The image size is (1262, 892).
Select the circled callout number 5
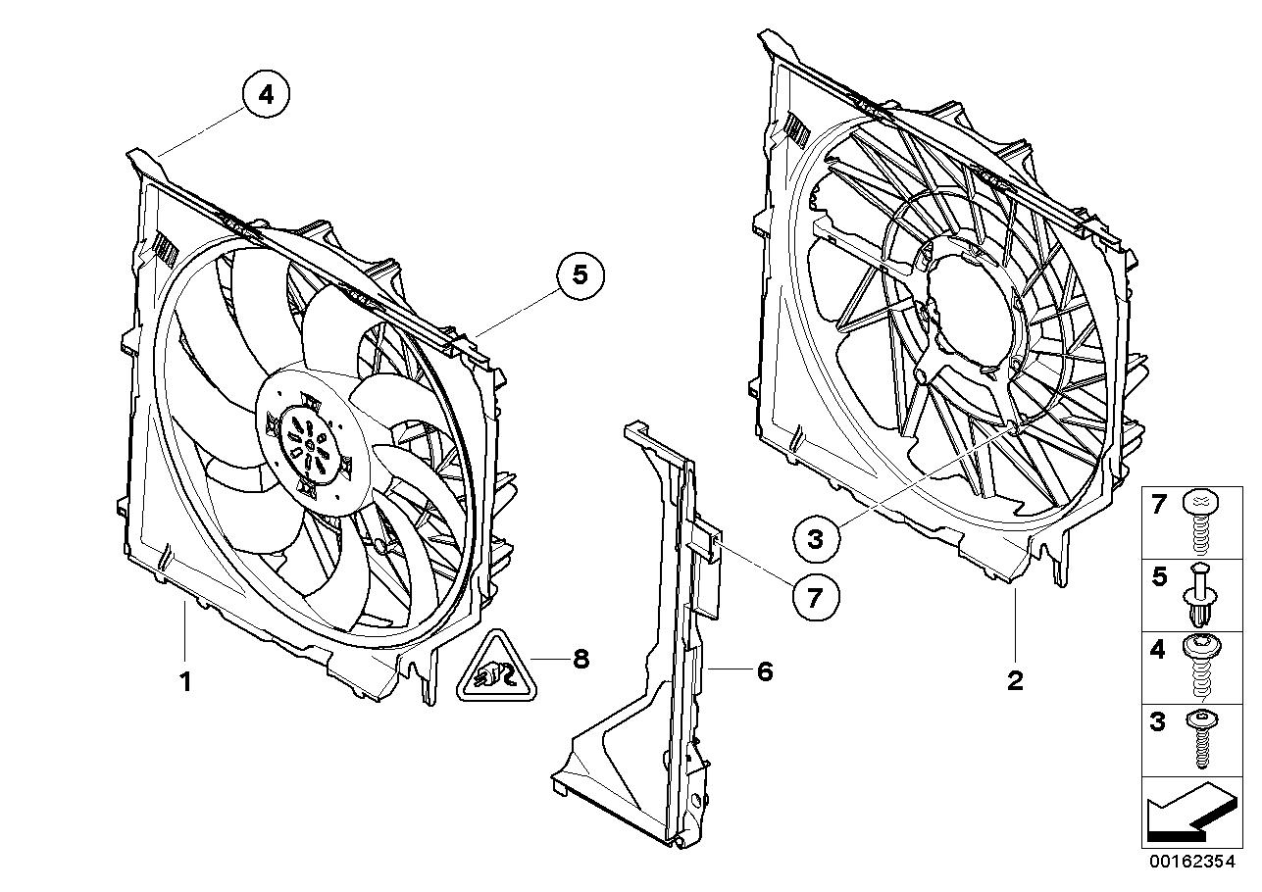pyautogui.click(x=581, y=276)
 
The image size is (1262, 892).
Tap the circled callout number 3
pyautogui.click(x=817, y=537)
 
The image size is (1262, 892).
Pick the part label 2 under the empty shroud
pyautogui.click(x=1015, y=679)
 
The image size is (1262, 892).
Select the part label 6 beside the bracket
pyautogui.click(x=764, y=671)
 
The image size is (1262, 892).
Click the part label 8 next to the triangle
pyautogui.click(x=581, y=660)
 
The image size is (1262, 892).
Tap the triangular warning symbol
pyautogui.click(x=492, y=670)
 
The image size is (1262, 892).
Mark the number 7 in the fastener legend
pyautogui.click(x=1158, y=506)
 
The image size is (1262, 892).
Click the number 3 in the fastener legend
pyautogui.click(x=1158, y=723)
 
